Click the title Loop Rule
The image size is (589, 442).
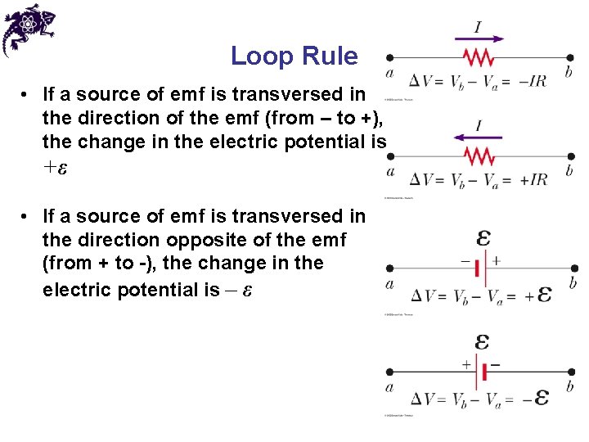tap(294, 56)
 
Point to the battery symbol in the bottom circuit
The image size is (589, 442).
tap(482, 372)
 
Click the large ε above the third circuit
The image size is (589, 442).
tap(483, 238)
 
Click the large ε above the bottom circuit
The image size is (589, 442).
tap(483, 341)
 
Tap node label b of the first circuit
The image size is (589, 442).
tap(569, 73)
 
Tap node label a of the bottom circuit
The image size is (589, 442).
tap(389, 388)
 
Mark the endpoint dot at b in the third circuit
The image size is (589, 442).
tap(574, 268)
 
